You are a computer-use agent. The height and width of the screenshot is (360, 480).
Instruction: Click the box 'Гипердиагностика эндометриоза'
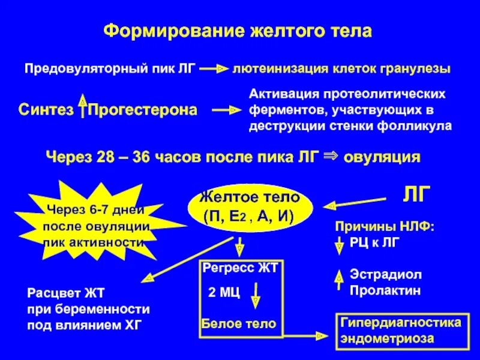point(401,330)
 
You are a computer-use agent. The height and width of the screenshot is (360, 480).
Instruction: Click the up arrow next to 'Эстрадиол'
point(338,276)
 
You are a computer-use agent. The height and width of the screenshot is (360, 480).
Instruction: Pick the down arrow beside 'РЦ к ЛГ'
point(338,244)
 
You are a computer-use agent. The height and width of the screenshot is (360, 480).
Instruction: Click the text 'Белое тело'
point(239,324)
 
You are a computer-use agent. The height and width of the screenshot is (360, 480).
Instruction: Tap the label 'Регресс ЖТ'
point(240,268)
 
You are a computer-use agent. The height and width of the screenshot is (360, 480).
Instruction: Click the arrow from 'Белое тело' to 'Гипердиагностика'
point(306,331)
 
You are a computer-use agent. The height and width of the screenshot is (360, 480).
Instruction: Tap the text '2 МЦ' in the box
point(223,293)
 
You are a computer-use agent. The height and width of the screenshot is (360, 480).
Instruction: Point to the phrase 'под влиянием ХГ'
point(86,325)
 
